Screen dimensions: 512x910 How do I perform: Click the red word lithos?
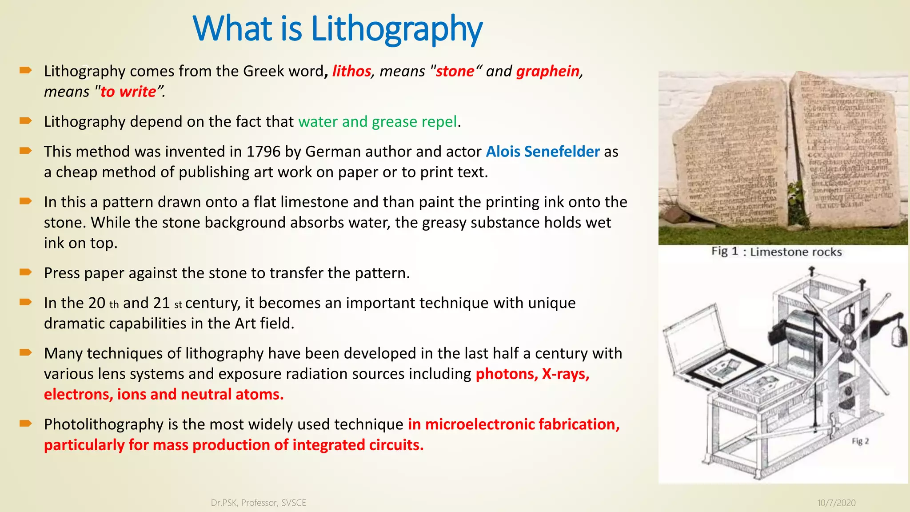pos(351,71)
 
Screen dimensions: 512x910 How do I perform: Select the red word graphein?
pos(548,71)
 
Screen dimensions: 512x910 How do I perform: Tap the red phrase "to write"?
pos(128,92)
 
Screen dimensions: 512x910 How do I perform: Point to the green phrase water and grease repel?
pos(377,122)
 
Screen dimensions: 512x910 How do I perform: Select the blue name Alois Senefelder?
pos(543,152)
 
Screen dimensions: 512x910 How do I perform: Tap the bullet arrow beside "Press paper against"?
pos(25,272)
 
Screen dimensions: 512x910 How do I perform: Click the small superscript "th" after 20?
pos(114,305)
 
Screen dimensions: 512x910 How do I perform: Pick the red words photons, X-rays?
pos(532,374)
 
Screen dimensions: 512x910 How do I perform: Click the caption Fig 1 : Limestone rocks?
pos(776,252)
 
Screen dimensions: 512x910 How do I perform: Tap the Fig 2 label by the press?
pos(860,441)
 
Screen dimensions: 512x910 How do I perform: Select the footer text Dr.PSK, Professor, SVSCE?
pos(258,503)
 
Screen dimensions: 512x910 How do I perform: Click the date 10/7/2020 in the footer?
pos(836,503)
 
